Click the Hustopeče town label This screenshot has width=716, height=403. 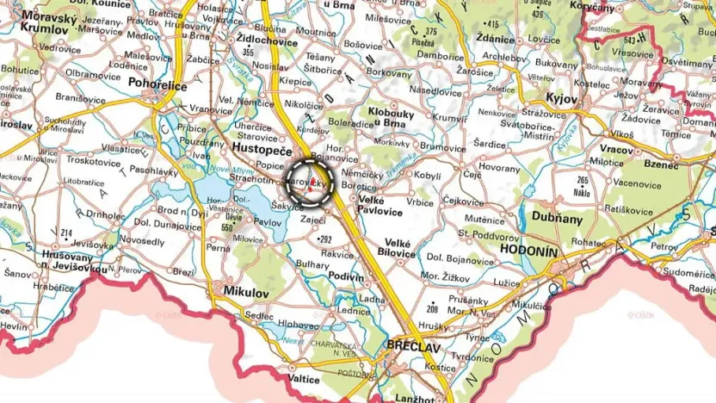click(x=262, y=148)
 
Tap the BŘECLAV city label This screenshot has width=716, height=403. click(x=414, y=345)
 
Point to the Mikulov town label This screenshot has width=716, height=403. click(x=246, y=293)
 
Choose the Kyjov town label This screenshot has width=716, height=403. click(x=560, y=99)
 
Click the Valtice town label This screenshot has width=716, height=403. click(x=304, y=378)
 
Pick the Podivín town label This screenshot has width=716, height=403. click(x=347, y=276)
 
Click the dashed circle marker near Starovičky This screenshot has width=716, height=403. click(x=309, y=183)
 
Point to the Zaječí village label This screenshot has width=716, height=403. click(x=312, y=221)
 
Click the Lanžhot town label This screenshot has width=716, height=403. click(x=420, y=399)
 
